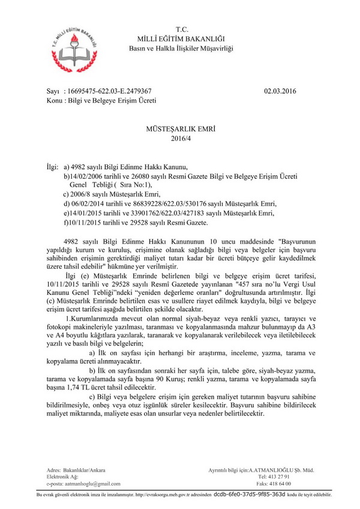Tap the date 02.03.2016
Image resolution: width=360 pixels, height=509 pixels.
280,91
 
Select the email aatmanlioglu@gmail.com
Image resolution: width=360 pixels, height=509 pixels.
94,483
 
